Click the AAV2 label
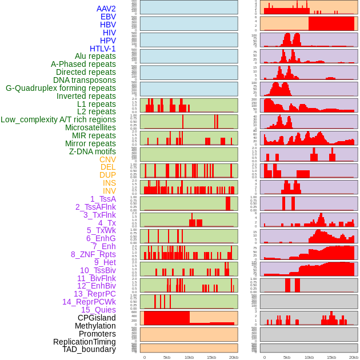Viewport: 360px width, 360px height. [106, 9]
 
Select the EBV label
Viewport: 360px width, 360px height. [108, 17]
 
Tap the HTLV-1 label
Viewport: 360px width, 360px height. [103, 49]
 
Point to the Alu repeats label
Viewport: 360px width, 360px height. [95, 56]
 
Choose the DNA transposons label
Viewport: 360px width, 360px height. [85, 80]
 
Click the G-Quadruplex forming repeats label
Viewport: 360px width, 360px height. [61, 88]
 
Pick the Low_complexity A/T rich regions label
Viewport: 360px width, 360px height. [58, 119]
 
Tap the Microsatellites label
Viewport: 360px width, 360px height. [90, 127]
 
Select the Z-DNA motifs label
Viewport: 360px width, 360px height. [92, 151]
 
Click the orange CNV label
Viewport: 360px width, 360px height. [107, 159]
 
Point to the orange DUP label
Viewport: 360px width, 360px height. [107, 175]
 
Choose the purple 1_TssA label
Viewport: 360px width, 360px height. [103, 199]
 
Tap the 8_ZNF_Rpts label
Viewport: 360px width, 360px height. [93, 254]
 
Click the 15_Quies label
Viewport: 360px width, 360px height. [98, 310]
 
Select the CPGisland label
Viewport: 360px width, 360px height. [97, 318]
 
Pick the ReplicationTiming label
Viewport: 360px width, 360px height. [85, 342]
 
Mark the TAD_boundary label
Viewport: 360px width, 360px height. [89, 349]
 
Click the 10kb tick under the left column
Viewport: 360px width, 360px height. [189, 357]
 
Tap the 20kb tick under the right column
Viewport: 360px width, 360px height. [354, 357]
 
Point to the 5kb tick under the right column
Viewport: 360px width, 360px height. [286, 357]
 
